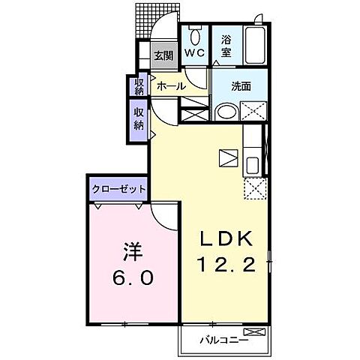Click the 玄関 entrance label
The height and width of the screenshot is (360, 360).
click(x=164, y=55)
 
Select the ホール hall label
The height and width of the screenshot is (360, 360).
click(x=171, y=85)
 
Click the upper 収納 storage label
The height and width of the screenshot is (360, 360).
click(x=139, y=86)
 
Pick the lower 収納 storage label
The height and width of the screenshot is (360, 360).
click(x=139, y=118)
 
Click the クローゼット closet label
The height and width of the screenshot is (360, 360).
click(x=118, y=188)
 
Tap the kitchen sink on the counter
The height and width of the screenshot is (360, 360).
click(x=253, y=165)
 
